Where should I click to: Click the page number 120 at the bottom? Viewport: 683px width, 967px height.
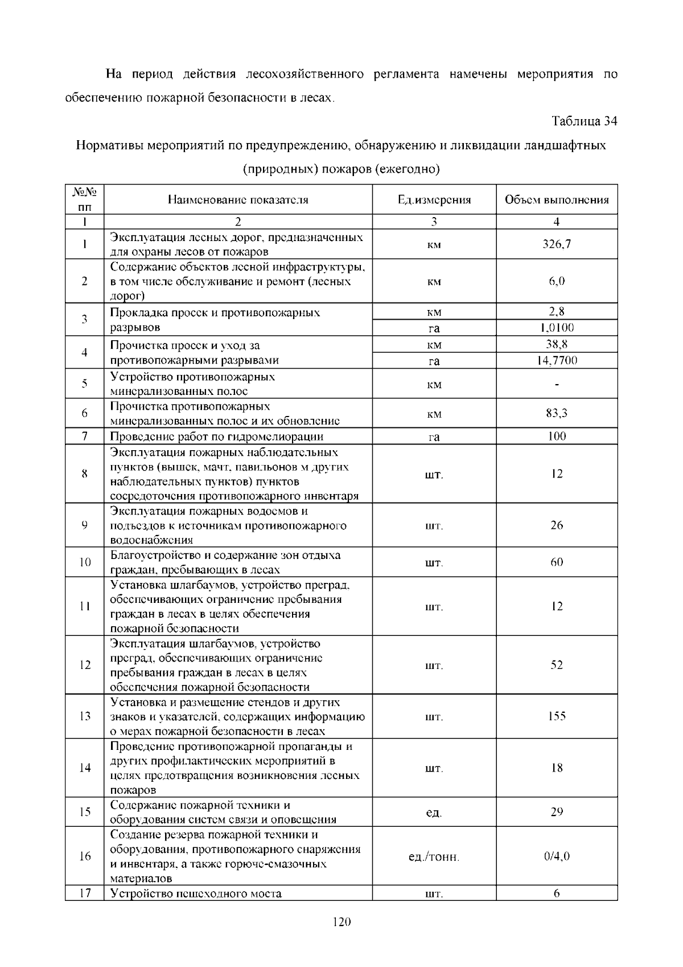(341, 922)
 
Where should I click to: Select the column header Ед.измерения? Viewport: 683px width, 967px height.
(434, 199)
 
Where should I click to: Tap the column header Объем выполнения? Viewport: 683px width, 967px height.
(557, 199)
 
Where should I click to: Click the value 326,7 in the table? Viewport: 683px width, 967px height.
(557, 244)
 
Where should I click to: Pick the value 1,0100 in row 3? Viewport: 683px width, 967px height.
(557, 328)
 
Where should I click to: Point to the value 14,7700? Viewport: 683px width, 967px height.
(557, 360)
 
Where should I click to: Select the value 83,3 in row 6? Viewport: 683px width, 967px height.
(557, 413)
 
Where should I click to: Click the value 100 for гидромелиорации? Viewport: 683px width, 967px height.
(557, 436)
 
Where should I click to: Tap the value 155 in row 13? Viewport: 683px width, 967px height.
(557, 716)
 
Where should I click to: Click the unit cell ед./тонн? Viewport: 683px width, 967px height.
(434, 857)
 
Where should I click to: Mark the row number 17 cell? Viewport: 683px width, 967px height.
(85, 893)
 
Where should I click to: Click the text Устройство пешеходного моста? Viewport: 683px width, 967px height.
(196, 893)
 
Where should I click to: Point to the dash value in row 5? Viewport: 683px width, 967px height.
(557, 385)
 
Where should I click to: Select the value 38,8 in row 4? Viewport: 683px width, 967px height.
(557, 344)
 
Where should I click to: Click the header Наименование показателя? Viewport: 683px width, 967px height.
(238, 199)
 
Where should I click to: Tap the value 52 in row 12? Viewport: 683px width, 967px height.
(557, 665)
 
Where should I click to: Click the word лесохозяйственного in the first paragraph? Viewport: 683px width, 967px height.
(305, 74)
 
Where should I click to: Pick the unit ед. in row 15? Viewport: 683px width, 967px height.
(434, 812)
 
